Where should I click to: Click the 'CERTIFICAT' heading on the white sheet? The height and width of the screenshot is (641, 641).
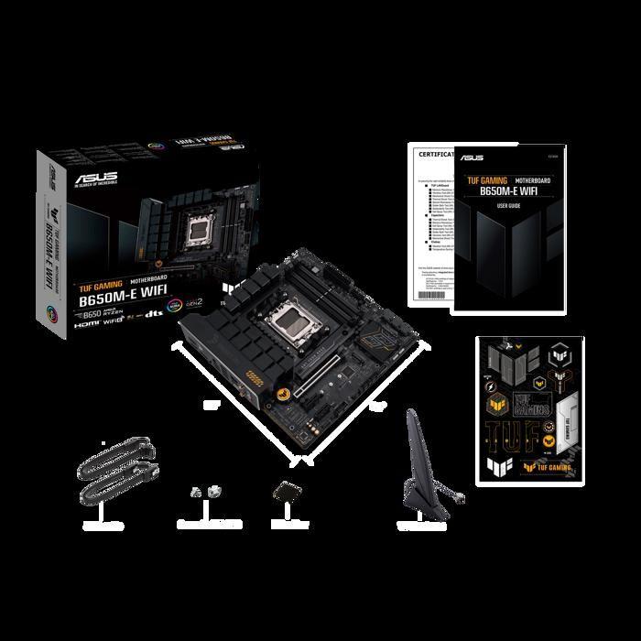pyautogui.click(x=432, y=157)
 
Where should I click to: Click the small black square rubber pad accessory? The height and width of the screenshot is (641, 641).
pyautogui.click(x=286, y=494)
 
